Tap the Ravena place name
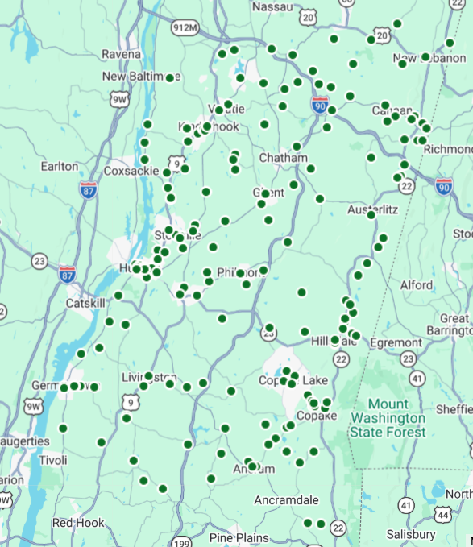pos(121,54)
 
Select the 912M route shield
pos(185,28)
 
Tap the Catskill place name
pos(86,304)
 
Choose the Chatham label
pos(283,158)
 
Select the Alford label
pos(416,285)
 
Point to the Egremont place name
pos(396,342)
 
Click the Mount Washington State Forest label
pos(387,418)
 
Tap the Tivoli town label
pos(53,461)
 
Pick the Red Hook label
pos(78,523)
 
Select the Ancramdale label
pos(286,500)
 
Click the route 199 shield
pos(185,542)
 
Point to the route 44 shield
pos(442,513)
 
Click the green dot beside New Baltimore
pos(170,77)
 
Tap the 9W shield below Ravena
pos(120,99)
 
